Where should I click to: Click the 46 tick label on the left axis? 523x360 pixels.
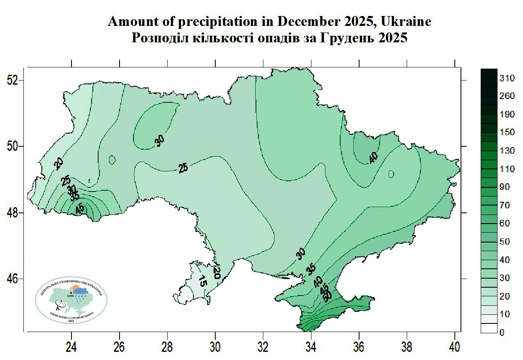coord(12,279)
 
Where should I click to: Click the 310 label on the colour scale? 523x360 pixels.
coord(507,78)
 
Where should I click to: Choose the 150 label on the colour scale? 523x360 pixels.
coord(507,132)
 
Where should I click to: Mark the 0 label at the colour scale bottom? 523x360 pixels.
coord(502,332)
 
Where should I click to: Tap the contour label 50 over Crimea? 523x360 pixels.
coord(327,295)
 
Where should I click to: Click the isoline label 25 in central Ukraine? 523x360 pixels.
coord(183,168)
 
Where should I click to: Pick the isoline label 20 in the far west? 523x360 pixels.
coord(59,164)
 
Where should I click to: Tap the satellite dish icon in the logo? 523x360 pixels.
coord(60,305)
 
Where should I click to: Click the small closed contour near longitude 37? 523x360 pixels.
coord(391,174)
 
